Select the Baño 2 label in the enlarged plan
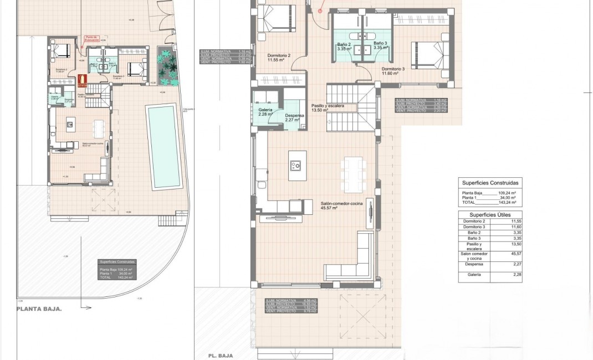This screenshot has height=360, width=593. point(344,45)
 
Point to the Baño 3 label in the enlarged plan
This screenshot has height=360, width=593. point(380,45)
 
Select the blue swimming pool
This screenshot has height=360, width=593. point(163,146)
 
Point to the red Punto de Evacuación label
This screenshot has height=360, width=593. point(92,39)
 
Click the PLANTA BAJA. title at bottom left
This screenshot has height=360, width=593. point(39,310)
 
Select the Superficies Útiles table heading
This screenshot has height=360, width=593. point(490,214)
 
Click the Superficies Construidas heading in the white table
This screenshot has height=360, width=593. point(490,183)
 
